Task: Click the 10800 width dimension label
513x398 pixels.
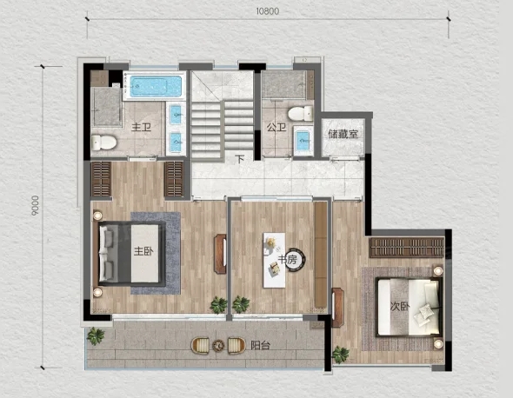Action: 267,11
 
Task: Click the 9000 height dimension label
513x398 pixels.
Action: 35,205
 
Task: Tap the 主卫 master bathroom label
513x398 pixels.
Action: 142,127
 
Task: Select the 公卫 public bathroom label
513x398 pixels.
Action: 276,127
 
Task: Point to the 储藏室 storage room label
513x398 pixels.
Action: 343,134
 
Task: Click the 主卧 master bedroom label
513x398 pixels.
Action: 143,251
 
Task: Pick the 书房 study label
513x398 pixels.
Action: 288,259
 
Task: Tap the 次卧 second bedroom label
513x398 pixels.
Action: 400,307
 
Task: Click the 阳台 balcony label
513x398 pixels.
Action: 260,345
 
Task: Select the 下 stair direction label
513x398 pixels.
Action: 241,159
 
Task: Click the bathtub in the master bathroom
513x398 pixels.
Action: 156,86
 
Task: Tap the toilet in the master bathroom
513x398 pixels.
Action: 103,143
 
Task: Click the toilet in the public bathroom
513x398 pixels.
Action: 300,113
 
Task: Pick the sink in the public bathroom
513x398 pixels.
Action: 303,141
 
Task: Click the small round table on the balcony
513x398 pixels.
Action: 218,345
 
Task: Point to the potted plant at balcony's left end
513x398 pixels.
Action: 96,335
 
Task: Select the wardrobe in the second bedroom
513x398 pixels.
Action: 407,248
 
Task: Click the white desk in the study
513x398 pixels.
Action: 274,260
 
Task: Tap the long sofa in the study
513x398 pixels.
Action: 321,255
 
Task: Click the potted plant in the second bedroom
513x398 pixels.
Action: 340,355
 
